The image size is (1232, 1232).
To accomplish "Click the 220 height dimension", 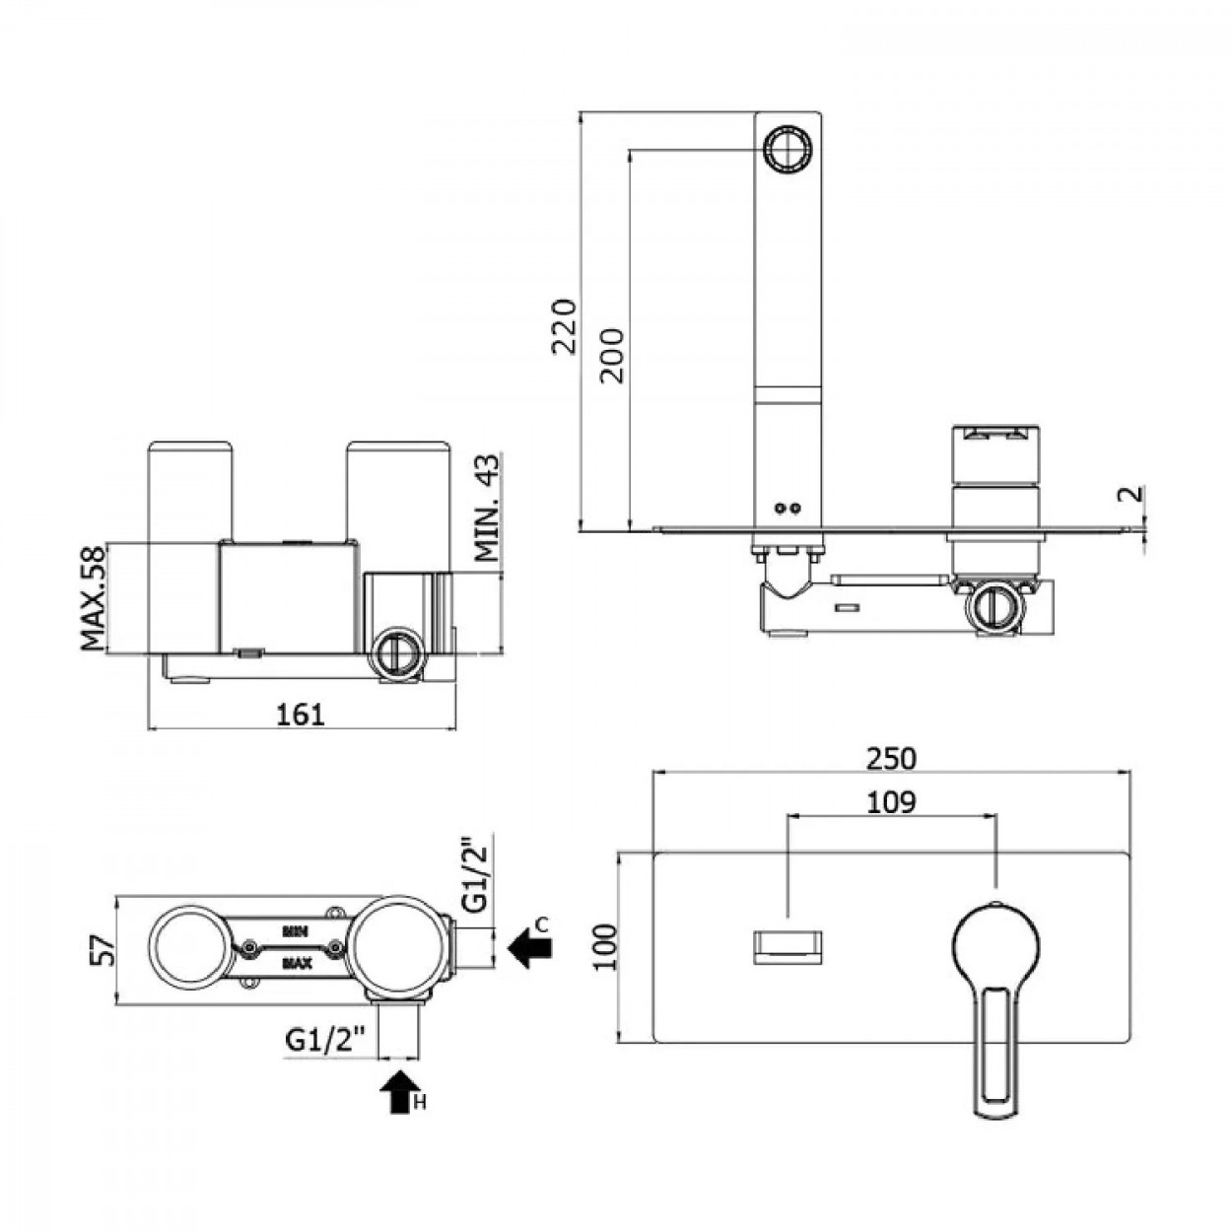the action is coord(565,325).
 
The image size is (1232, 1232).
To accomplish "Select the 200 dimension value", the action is coord(612,356).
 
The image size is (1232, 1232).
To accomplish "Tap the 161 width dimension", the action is coord(301,715).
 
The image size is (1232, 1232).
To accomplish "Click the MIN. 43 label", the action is coord(488,508).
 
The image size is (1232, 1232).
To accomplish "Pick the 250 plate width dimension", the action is coord(891,759).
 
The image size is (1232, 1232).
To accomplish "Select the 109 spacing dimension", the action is coord(891,802).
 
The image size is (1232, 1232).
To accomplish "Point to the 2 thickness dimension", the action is coord(1131,494).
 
